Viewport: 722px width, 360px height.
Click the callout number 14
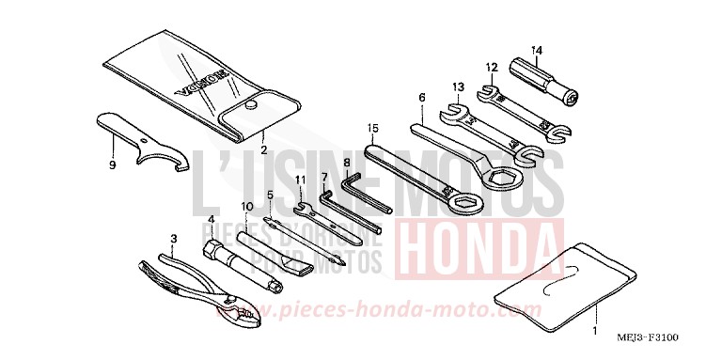[537, 49]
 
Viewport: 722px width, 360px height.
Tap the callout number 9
[112, 165]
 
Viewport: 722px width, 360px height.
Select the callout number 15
[372, 128]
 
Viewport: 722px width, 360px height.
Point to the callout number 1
[592, 332]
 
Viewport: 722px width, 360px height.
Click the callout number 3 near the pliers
[172, 238]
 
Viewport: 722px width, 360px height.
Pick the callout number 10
[246, 205]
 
